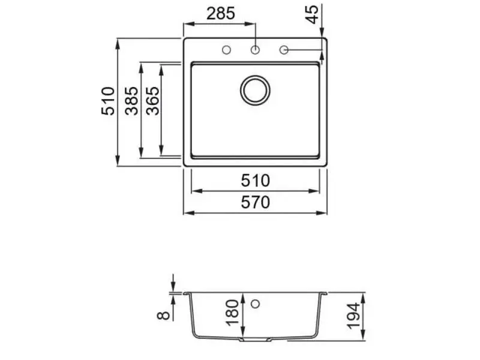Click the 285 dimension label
pyautogui.click(x=221, y=14)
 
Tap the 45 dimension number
pyautogui.click(x=313, y=14)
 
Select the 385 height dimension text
pyautogui.click(x=131, y=101)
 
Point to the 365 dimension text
pyautogui.click(x=153, y=101)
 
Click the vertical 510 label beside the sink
pyautogui.click(x=108, y=101)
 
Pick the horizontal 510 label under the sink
pyautogui.click(x=256, y=181)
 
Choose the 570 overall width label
pyautogui.click(x=256, y=202)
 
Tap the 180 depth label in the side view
pyautogui.click(x=232, y=313)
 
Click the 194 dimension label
pyautogui.click(x=353, y=316)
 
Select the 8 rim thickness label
pyautogui.click(x=163, y=316)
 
